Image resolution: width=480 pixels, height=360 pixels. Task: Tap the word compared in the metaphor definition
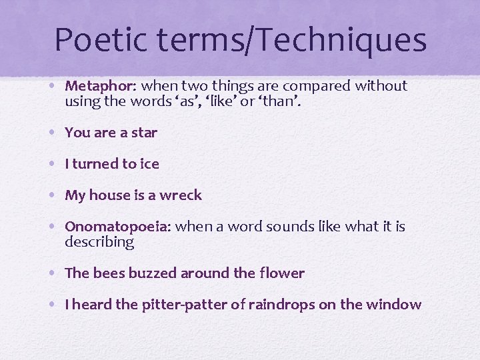click(x=317, y=86)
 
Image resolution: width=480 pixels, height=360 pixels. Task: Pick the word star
click(x=144, y=133)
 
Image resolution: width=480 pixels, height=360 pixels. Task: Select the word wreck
click(x=182, y=195)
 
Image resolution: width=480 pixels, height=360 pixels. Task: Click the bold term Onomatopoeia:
click(x=118, y=227)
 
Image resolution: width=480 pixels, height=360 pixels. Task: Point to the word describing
click(x=99, y=243)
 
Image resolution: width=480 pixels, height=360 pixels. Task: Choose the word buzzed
click(x=151, y=273)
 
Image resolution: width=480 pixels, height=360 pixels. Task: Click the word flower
click(x=283, y=273)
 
